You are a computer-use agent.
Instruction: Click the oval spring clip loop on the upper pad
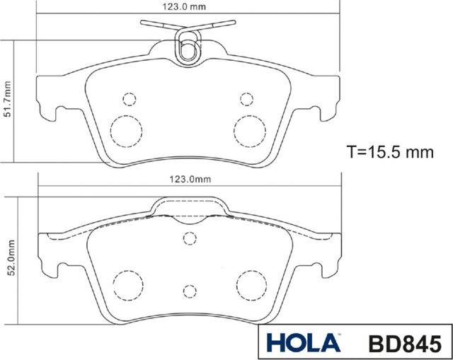(188, 50)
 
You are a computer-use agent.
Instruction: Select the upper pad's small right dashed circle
(246, 98)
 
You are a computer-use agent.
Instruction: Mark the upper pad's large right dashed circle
(249, 129)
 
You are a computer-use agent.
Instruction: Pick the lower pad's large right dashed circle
(250, 284)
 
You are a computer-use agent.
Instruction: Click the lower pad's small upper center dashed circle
(189, 238)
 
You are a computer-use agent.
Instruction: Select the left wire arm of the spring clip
(158, 25)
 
